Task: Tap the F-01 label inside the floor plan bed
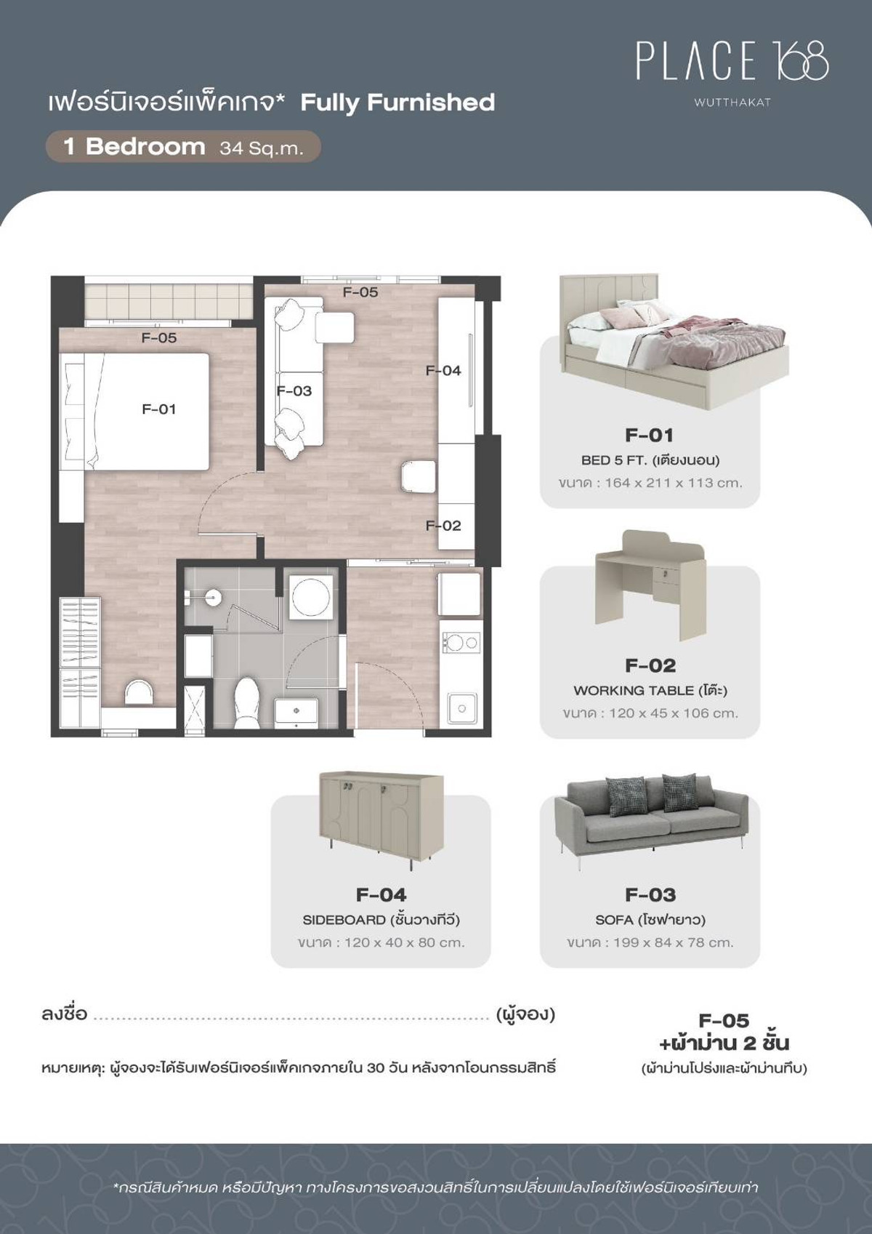tap(158, 409)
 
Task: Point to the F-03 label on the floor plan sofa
tap(294, 390)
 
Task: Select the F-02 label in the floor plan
tap(443, 526)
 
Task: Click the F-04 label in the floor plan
tap(443, 371)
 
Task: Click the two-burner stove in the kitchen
tap(460, 642)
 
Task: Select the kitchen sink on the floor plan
tap(462, 708)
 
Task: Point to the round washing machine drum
tap(311, 596)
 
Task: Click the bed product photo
tap(674, 342)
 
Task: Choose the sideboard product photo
tap(381, 820)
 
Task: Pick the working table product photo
tap(650, 585)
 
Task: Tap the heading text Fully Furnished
tap(397, 103)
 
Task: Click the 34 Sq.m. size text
tap(261, 148)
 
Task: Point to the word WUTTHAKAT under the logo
tap(732, 103)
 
